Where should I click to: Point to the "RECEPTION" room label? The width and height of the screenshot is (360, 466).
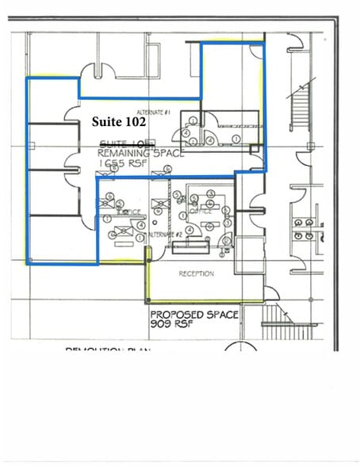[196, 273]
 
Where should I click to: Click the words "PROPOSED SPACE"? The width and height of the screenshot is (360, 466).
[194, 315]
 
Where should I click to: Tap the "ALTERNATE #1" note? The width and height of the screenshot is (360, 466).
[155, 112]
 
